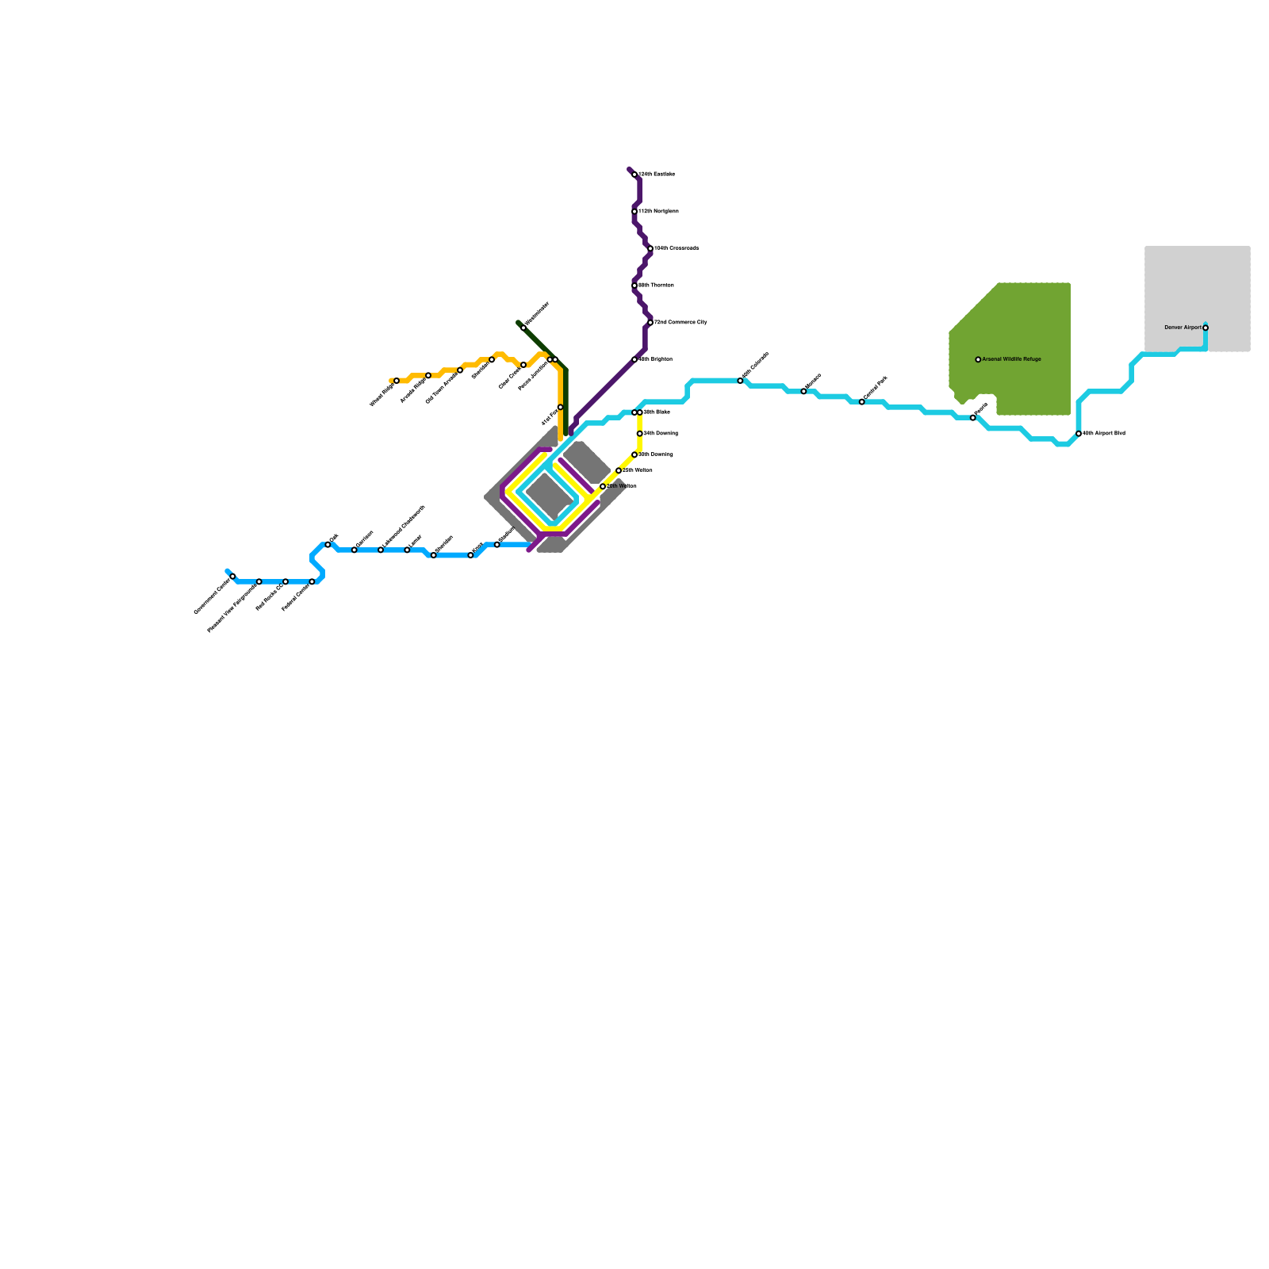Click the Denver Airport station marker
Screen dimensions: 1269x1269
(x=1206, y=328)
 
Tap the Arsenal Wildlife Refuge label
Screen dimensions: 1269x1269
(x=1011, y=359)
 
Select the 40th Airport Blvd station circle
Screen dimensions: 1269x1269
(x=1079, y=434)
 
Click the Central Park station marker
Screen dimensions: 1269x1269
(x=862, y=402)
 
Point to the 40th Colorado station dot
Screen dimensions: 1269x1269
(x=741, y=381)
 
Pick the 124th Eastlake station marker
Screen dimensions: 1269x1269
(x=634, y=174)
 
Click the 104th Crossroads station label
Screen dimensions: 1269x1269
(x=677, y=248)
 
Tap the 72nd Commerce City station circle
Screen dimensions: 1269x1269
(x=650, y=323)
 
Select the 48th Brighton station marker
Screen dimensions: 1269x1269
(x=634, y=360)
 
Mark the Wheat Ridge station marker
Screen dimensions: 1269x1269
(x=397, y=381)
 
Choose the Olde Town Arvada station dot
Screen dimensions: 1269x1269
(x=460, y=370)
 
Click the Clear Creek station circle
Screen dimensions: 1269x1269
(x=523, y=365)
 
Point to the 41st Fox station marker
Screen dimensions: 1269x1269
(x=560, y=408)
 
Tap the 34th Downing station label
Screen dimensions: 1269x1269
(x=660, y=434)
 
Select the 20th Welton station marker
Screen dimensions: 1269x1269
(x=603, y=486)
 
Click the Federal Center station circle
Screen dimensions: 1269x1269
(x=312, y=582)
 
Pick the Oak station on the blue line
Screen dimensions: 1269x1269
(x=328, y=545)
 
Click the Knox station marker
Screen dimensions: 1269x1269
(x=470, y=555)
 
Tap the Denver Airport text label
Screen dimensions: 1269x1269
(x=1183, y=328)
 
